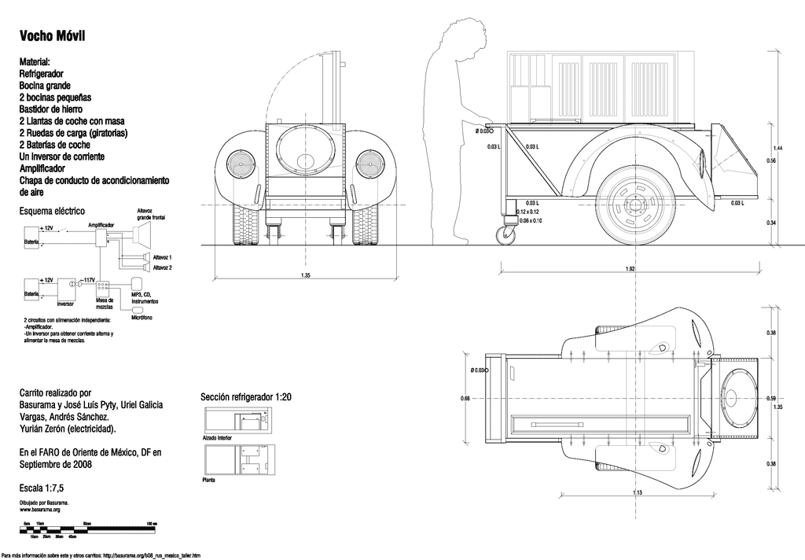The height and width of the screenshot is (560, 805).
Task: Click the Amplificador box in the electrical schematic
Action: [x=101, y=239]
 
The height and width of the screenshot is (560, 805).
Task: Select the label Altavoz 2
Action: [x=162, y=267]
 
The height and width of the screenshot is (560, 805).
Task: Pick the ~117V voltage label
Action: [x=88, y=280]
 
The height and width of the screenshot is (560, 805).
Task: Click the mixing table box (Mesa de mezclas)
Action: [x=105, y=287]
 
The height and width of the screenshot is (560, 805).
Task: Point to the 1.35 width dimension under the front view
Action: [x=304, y=275]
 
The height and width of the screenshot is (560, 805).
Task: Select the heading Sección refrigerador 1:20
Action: [x=246, y=398]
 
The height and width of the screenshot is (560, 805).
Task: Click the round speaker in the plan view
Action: [x=737, y=400]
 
